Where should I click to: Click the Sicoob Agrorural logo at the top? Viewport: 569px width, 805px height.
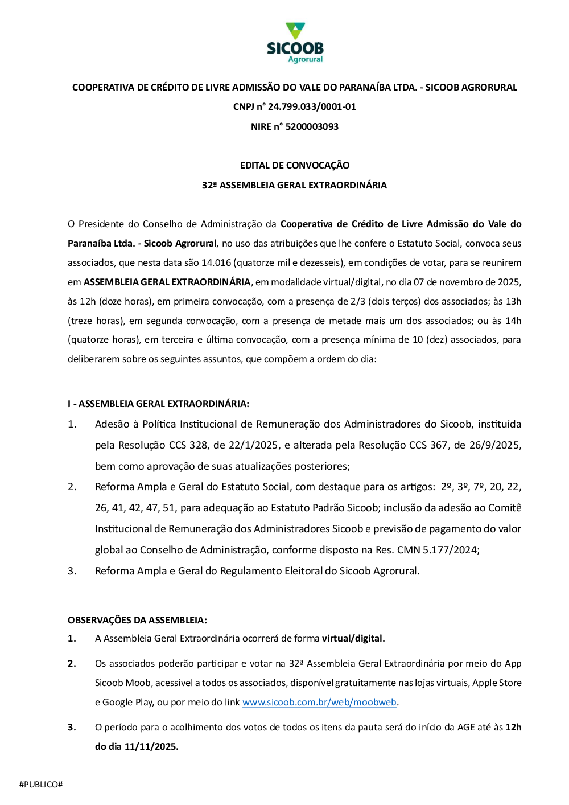coord(295,43)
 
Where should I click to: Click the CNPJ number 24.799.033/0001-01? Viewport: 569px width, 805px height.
coord(312,106)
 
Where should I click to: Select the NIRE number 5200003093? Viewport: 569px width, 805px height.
coord(312,126)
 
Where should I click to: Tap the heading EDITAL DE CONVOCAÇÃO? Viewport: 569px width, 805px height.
coord(295,165)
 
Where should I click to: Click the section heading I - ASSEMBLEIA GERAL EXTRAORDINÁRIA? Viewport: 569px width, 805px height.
coord(158,404)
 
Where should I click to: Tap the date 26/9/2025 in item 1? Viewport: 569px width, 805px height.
coord(494,445)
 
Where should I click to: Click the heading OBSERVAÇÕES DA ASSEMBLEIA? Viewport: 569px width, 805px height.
coord(137,620)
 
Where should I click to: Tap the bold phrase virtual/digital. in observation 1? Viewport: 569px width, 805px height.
coord(353,638)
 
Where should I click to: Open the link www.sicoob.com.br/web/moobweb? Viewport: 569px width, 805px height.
coord(319,702)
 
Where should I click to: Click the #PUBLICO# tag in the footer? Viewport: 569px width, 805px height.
coord(41,785)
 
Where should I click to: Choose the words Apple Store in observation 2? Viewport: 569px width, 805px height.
coord(497,683)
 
